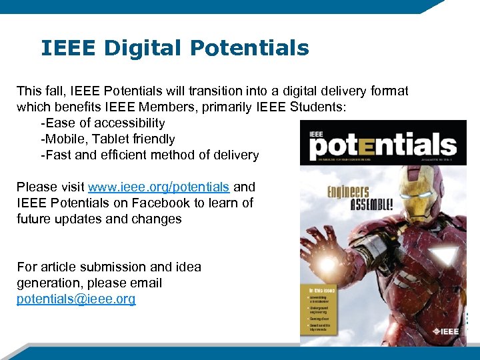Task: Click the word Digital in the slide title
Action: [x=138, y=49]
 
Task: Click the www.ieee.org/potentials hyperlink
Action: [x=159, y=187]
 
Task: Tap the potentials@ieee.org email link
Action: [x=76, y=299]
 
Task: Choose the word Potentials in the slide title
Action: [x=249, y=49]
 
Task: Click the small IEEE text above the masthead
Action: [x=316, y=134]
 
